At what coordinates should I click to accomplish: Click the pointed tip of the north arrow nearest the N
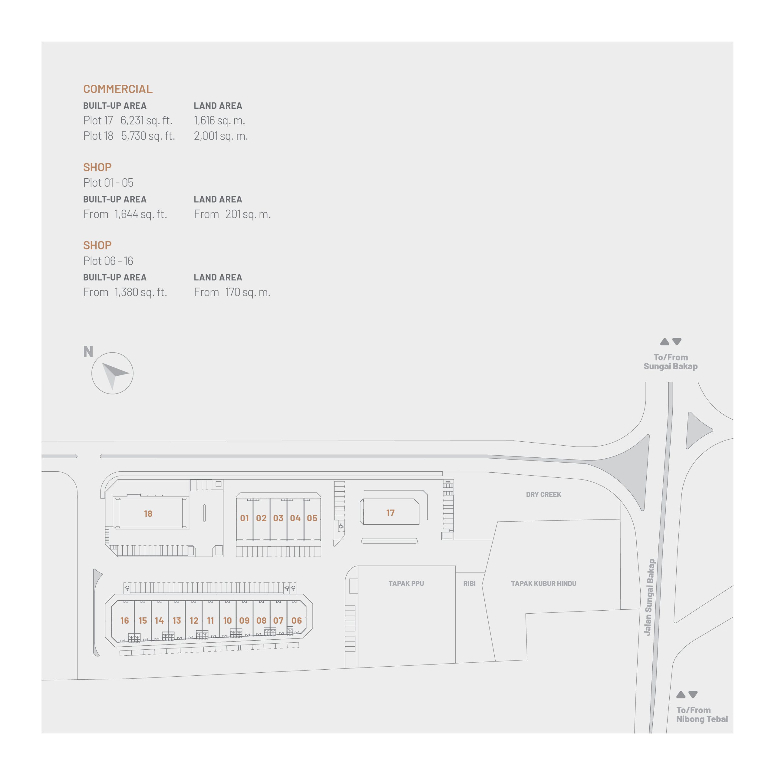[x=102, y=363]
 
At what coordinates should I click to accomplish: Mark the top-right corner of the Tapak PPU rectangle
[x=455, y=566]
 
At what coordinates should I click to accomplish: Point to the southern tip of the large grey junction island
[x=643, y=510]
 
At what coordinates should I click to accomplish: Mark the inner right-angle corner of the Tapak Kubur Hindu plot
[x=526, y=614]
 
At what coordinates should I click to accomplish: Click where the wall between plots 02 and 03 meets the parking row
[x=270, y=540]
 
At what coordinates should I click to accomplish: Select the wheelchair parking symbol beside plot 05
[x=341, y=526]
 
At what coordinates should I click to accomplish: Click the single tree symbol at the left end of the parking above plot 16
[x=127, y=589]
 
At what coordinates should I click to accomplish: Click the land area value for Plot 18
[x=221, y=136]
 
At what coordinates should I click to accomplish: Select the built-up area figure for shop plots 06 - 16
[x=140, y=292]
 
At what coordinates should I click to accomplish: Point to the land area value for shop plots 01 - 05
[x=248, y=214]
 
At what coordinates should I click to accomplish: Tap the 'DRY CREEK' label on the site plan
[x=543, y=495]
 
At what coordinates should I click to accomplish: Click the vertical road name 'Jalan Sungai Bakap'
[x=649, y=597]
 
